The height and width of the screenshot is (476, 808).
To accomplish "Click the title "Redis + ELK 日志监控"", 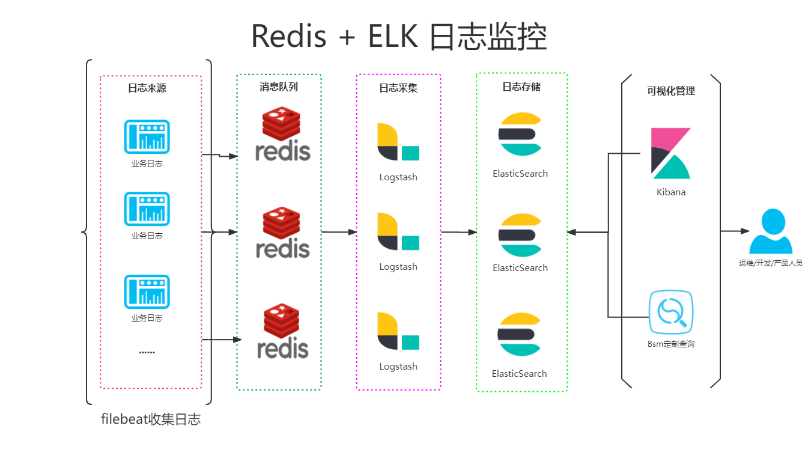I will [x=399, y=36].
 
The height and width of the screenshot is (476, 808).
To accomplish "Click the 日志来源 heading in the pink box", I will [x=147, y=88].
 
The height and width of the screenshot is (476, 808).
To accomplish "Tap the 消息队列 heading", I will [x=278, y=87].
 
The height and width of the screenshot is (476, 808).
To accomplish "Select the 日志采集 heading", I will [x=398, y=88].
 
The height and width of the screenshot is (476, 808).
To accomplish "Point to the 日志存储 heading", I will [x=521, y=87].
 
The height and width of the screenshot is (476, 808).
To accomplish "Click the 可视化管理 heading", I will [x=670, y=91].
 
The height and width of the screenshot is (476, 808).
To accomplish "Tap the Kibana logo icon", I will [x=671, y=154].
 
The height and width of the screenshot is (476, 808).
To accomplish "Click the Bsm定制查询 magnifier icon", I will [x=670, y=311].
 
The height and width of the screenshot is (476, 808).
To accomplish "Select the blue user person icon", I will [x=770, y=231].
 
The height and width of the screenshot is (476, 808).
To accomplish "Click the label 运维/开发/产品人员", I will [x=770, y=263].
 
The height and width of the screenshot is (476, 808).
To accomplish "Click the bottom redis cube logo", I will [x=281, y=320].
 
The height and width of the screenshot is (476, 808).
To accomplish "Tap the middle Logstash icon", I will [x=398, y=231].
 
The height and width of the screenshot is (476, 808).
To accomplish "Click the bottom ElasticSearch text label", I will [x=519, y=373].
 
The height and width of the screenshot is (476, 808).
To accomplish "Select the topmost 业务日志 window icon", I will [x=147, y=136].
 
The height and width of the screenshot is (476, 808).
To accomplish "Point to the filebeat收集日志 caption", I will [x=151, y=420].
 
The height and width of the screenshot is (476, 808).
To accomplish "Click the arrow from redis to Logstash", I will [x=339, y=232].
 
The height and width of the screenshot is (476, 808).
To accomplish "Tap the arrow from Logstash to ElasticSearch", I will [x=459, y=232].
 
